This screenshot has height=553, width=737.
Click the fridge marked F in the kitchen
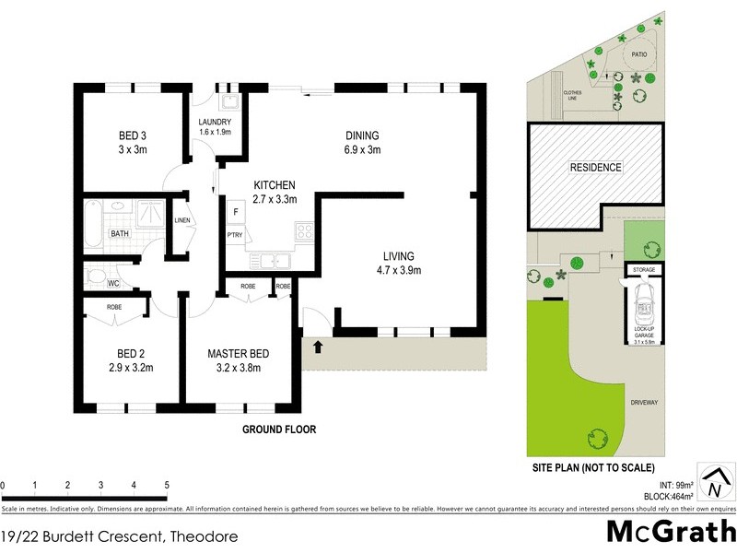click(237, 213)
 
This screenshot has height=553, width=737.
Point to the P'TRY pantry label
click(234, 234)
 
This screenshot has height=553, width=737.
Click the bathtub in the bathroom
click(92, 224)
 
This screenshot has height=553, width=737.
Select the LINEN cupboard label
click(181, 220)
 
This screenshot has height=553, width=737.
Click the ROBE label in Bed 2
click(114, 306)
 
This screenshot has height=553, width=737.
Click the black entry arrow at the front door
click(319, 347)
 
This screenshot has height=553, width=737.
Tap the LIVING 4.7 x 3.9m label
click(400, 263)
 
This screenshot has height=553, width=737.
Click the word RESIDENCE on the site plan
click(595, 168)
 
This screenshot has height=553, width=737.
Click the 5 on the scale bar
click(167, 485)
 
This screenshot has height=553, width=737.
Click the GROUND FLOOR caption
click(279, 429)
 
